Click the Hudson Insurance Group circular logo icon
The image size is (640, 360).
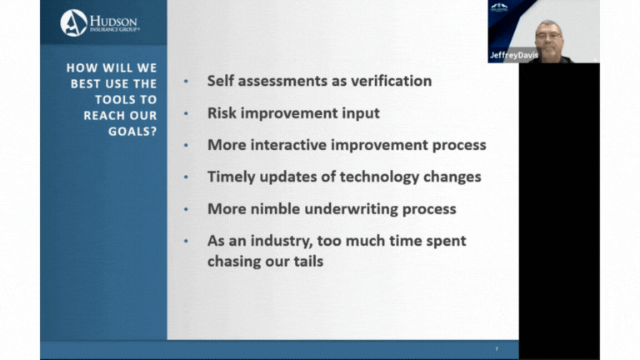73,22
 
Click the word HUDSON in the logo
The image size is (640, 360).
113,21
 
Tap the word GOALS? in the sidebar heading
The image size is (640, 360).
132,132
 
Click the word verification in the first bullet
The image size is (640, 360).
392,81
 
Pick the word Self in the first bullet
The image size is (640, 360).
220,81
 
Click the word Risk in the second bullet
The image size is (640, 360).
222,113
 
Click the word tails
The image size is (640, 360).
308,261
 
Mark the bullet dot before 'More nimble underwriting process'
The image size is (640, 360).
186,209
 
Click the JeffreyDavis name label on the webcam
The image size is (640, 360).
514,55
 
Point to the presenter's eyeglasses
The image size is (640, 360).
548,36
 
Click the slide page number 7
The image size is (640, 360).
497,349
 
